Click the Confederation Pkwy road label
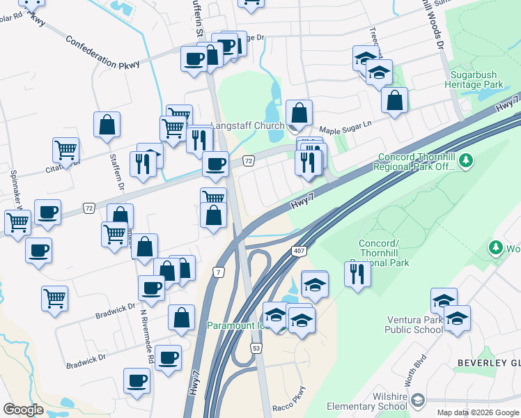coord(102,52)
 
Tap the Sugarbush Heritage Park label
coord(477,79)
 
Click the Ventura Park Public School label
coord(414,325)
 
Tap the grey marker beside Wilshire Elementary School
coord(417,401)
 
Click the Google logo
coord(23,409)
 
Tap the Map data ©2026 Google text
coord(477,412)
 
